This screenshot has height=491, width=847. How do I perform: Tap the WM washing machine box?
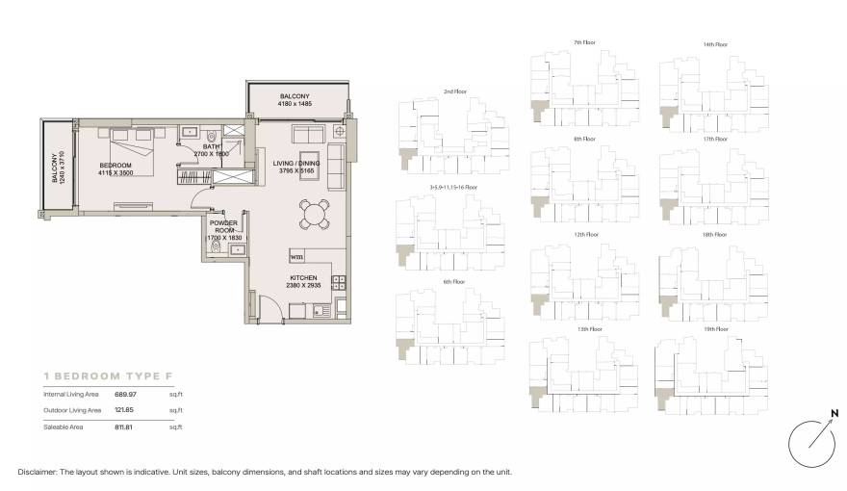click(x=297, y=257)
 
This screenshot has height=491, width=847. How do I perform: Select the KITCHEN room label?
click(x=303, y=277)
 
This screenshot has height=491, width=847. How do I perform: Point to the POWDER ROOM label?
click(x=225, y=226)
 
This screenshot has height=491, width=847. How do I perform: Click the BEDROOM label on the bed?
click(x=115, y=165)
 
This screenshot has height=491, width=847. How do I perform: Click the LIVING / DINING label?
click(x=295, y=163)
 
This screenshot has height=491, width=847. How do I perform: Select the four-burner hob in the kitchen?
click(x=339, y=282)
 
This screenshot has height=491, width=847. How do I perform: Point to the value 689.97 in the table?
click(x=126, y=395)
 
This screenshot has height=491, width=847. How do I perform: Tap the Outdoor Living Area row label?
click(x=71, y=410)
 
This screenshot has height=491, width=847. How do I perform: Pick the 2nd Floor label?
click(x=454, y=91)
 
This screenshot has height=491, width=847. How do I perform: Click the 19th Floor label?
click(x=714, y=329)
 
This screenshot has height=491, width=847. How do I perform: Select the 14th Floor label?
click(x=714, y=44)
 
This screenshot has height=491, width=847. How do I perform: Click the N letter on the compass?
click(x=833, y=415)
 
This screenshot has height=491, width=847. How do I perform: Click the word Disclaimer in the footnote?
click(x=38, y=473)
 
